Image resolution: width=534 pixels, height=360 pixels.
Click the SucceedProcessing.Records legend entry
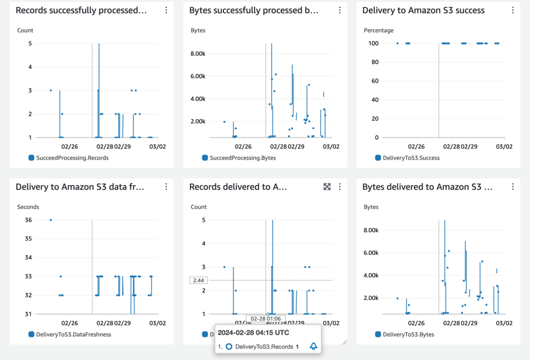coord(72,158)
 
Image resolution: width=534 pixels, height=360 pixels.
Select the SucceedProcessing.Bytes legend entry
coord(242,158)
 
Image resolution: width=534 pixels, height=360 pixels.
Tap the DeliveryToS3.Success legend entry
coord(411,158)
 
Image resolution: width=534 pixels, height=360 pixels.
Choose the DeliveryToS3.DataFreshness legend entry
coord(73,334)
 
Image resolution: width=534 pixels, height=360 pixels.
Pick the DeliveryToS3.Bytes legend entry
coord(408,334)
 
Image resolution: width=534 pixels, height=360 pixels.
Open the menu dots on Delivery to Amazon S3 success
coord(513,10)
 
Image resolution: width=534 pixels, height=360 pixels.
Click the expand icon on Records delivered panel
coord(327,186)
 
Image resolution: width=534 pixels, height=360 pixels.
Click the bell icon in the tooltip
coord(313,347)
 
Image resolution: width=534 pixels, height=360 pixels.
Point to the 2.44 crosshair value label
coord(199,280)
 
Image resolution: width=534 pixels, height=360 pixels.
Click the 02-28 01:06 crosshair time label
coord(266,319)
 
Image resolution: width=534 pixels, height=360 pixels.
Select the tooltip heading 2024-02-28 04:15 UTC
coord(253,332)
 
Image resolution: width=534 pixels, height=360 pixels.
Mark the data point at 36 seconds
coord(50,220)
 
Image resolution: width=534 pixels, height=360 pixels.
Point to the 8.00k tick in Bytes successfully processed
coord(198,53)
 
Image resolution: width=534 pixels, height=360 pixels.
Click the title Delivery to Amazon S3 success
coord(423,10)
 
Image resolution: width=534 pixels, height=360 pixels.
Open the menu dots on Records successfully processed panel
coord(166,10)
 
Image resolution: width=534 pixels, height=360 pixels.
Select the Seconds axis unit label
coord(28,207)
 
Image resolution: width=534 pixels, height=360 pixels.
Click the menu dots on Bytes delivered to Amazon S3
coord(513,186)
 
